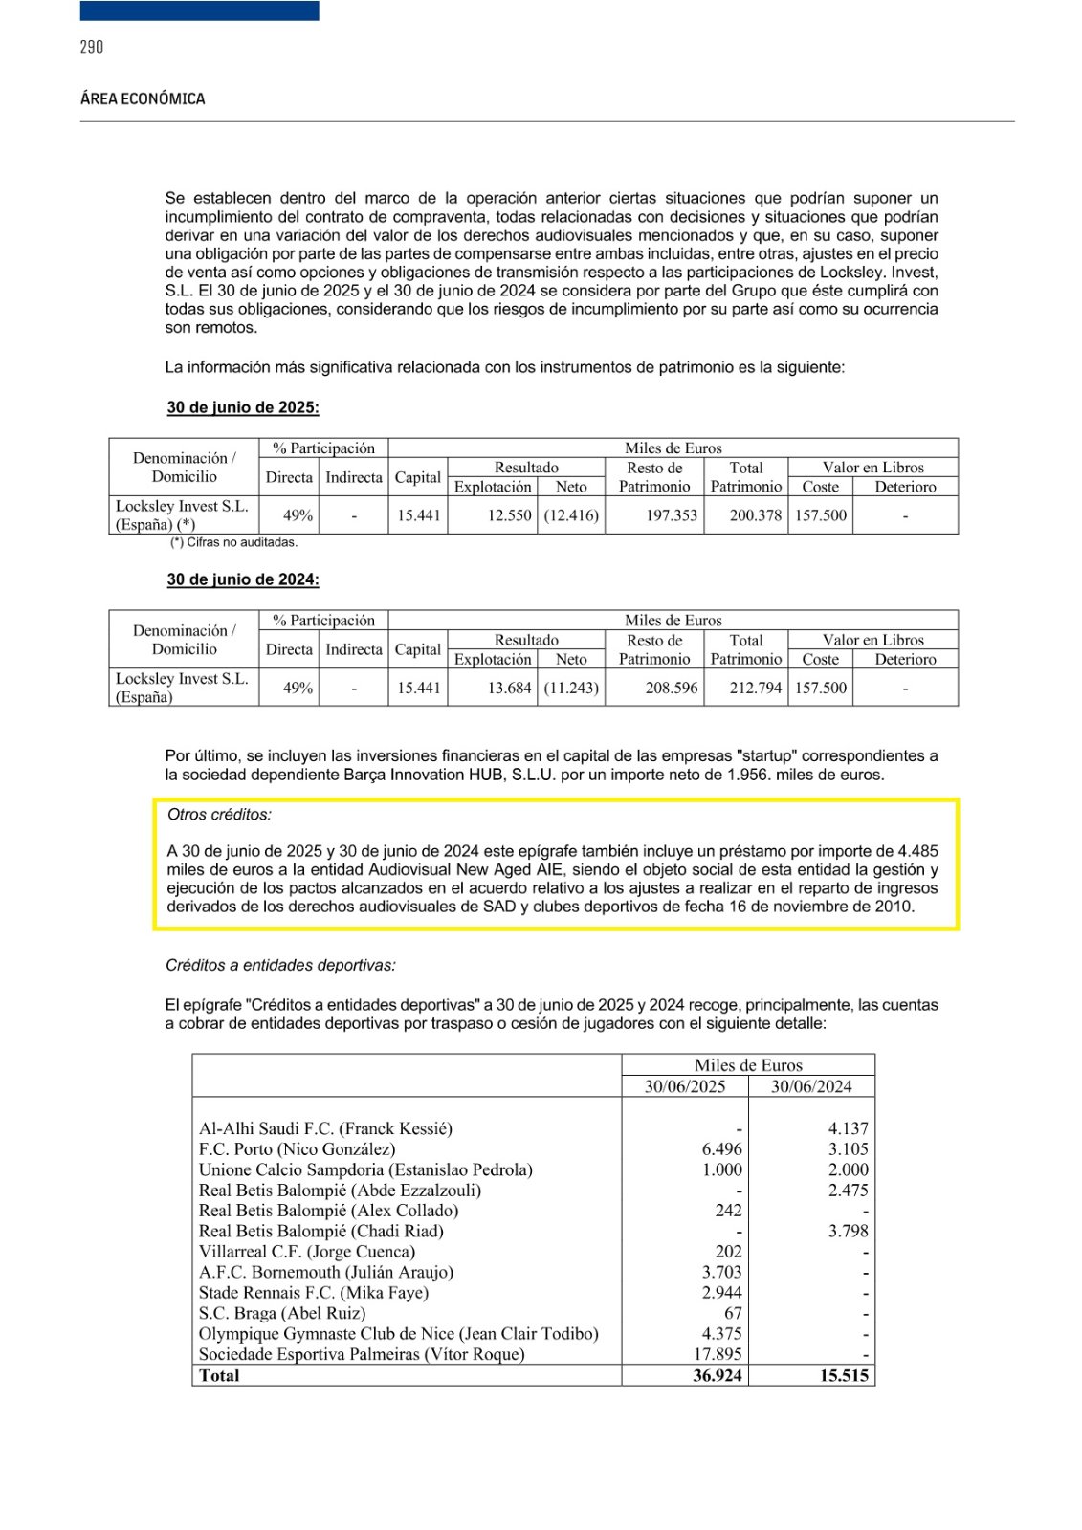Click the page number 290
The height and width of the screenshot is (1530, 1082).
(x=92, y=47)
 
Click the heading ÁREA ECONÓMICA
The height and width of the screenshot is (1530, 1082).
(x=143, y=98)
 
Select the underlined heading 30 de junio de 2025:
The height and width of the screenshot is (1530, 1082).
(x=243, y=407)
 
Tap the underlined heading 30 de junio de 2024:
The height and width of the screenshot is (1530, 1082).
(x=243, y=579)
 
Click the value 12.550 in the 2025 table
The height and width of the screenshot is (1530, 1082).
(x=509, y=515)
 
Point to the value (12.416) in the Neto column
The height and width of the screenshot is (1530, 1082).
(x=571, y=515)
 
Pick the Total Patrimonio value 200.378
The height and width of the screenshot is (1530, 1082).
(x=755, y=515)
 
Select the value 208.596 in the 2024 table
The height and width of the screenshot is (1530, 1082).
(x=672, y=688)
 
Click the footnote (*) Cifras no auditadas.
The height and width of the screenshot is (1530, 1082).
(x=233, y=542)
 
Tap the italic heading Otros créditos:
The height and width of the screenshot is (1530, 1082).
(x=219, y=815)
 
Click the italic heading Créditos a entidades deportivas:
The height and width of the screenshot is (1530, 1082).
(x=280, y=965)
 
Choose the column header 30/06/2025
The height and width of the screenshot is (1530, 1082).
(x=685, y=1086)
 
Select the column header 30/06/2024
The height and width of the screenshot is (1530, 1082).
(x=811, y=1086)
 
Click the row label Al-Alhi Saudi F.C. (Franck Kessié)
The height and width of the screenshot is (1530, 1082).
(x=325, y=1128)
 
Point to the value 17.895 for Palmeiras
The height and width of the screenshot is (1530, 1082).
(x=718, y=1354)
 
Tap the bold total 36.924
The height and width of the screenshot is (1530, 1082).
(x=718, y=1375)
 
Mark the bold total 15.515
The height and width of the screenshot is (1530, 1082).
(x=844, y=1375)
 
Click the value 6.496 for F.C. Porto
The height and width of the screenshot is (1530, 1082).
(x=721, y=1149)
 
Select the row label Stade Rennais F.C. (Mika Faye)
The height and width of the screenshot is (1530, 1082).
(x=314, y=1293)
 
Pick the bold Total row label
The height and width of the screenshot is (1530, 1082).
(x=219, y=1375)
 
